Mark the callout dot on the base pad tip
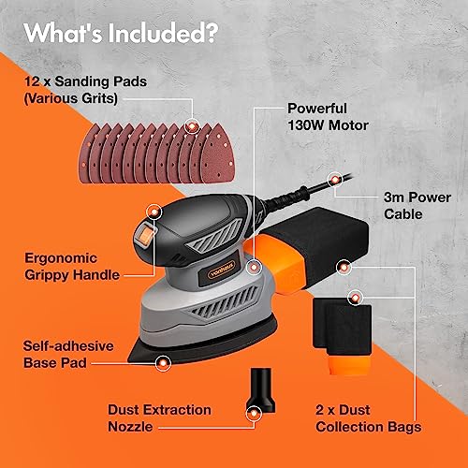click(164, 359)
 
